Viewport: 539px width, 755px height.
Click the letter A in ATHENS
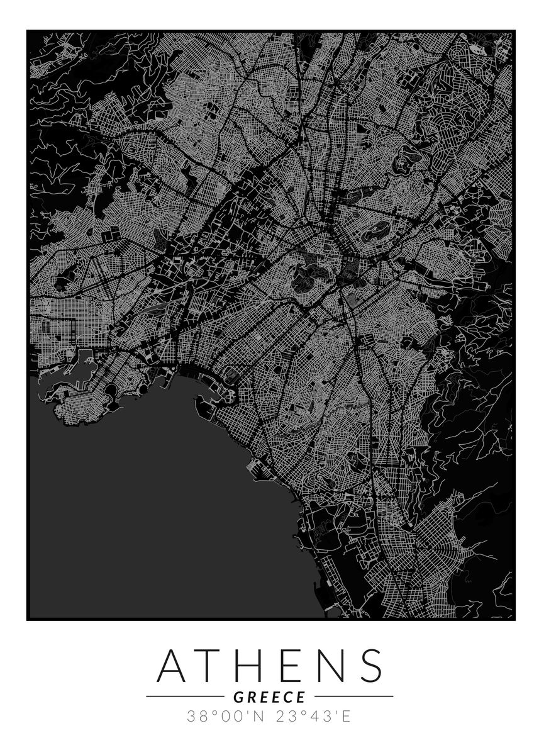point(176,665)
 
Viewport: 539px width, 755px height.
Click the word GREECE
point(269,696)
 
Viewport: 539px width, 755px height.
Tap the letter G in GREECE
point(238,696)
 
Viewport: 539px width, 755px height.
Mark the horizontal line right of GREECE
point(353,696)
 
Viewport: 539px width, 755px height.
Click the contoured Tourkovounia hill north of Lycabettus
point(403,160)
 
